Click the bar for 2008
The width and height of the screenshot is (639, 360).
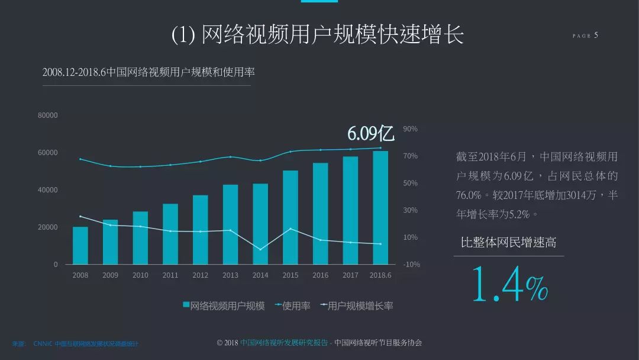[x=80, y=245]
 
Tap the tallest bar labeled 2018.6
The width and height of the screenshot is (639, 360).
[x=380, y=207]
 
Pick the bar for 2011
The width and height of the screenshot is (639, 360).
[x=170, y=234]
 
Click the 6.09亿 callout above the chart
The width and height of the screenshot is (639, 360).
[x=370, y=134]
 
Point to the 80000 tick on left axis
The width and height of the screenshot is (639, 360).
[x=48, y=115]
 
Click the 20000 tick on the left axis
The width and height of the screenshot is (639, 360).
[x=48, y=227]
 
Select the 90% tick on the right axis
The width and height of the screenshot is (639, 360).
[x=410, y=129]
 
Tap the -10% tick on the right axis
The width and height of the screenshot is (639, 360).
[x=411, y=265]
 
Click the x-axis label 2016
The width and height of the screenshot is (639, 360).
[x=320, y=275]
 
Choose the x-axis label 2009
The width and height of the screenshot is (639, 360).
[x=111, y=275]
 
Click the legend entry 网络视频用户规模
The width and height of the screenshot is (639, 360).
[x=224, y=306]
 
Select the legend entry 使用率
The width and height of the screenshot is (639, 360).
[x=293, y=306]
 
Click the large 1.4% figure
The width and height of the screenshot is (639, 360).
[x=509, y=284]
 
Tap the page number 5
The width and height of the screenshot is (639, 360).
[x=596, y=36]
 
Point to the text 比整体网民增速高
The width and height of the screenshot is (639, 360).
[x=508, y=242]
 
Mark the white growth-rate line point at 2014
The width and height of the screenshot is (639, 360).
[x=260, y=249]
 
